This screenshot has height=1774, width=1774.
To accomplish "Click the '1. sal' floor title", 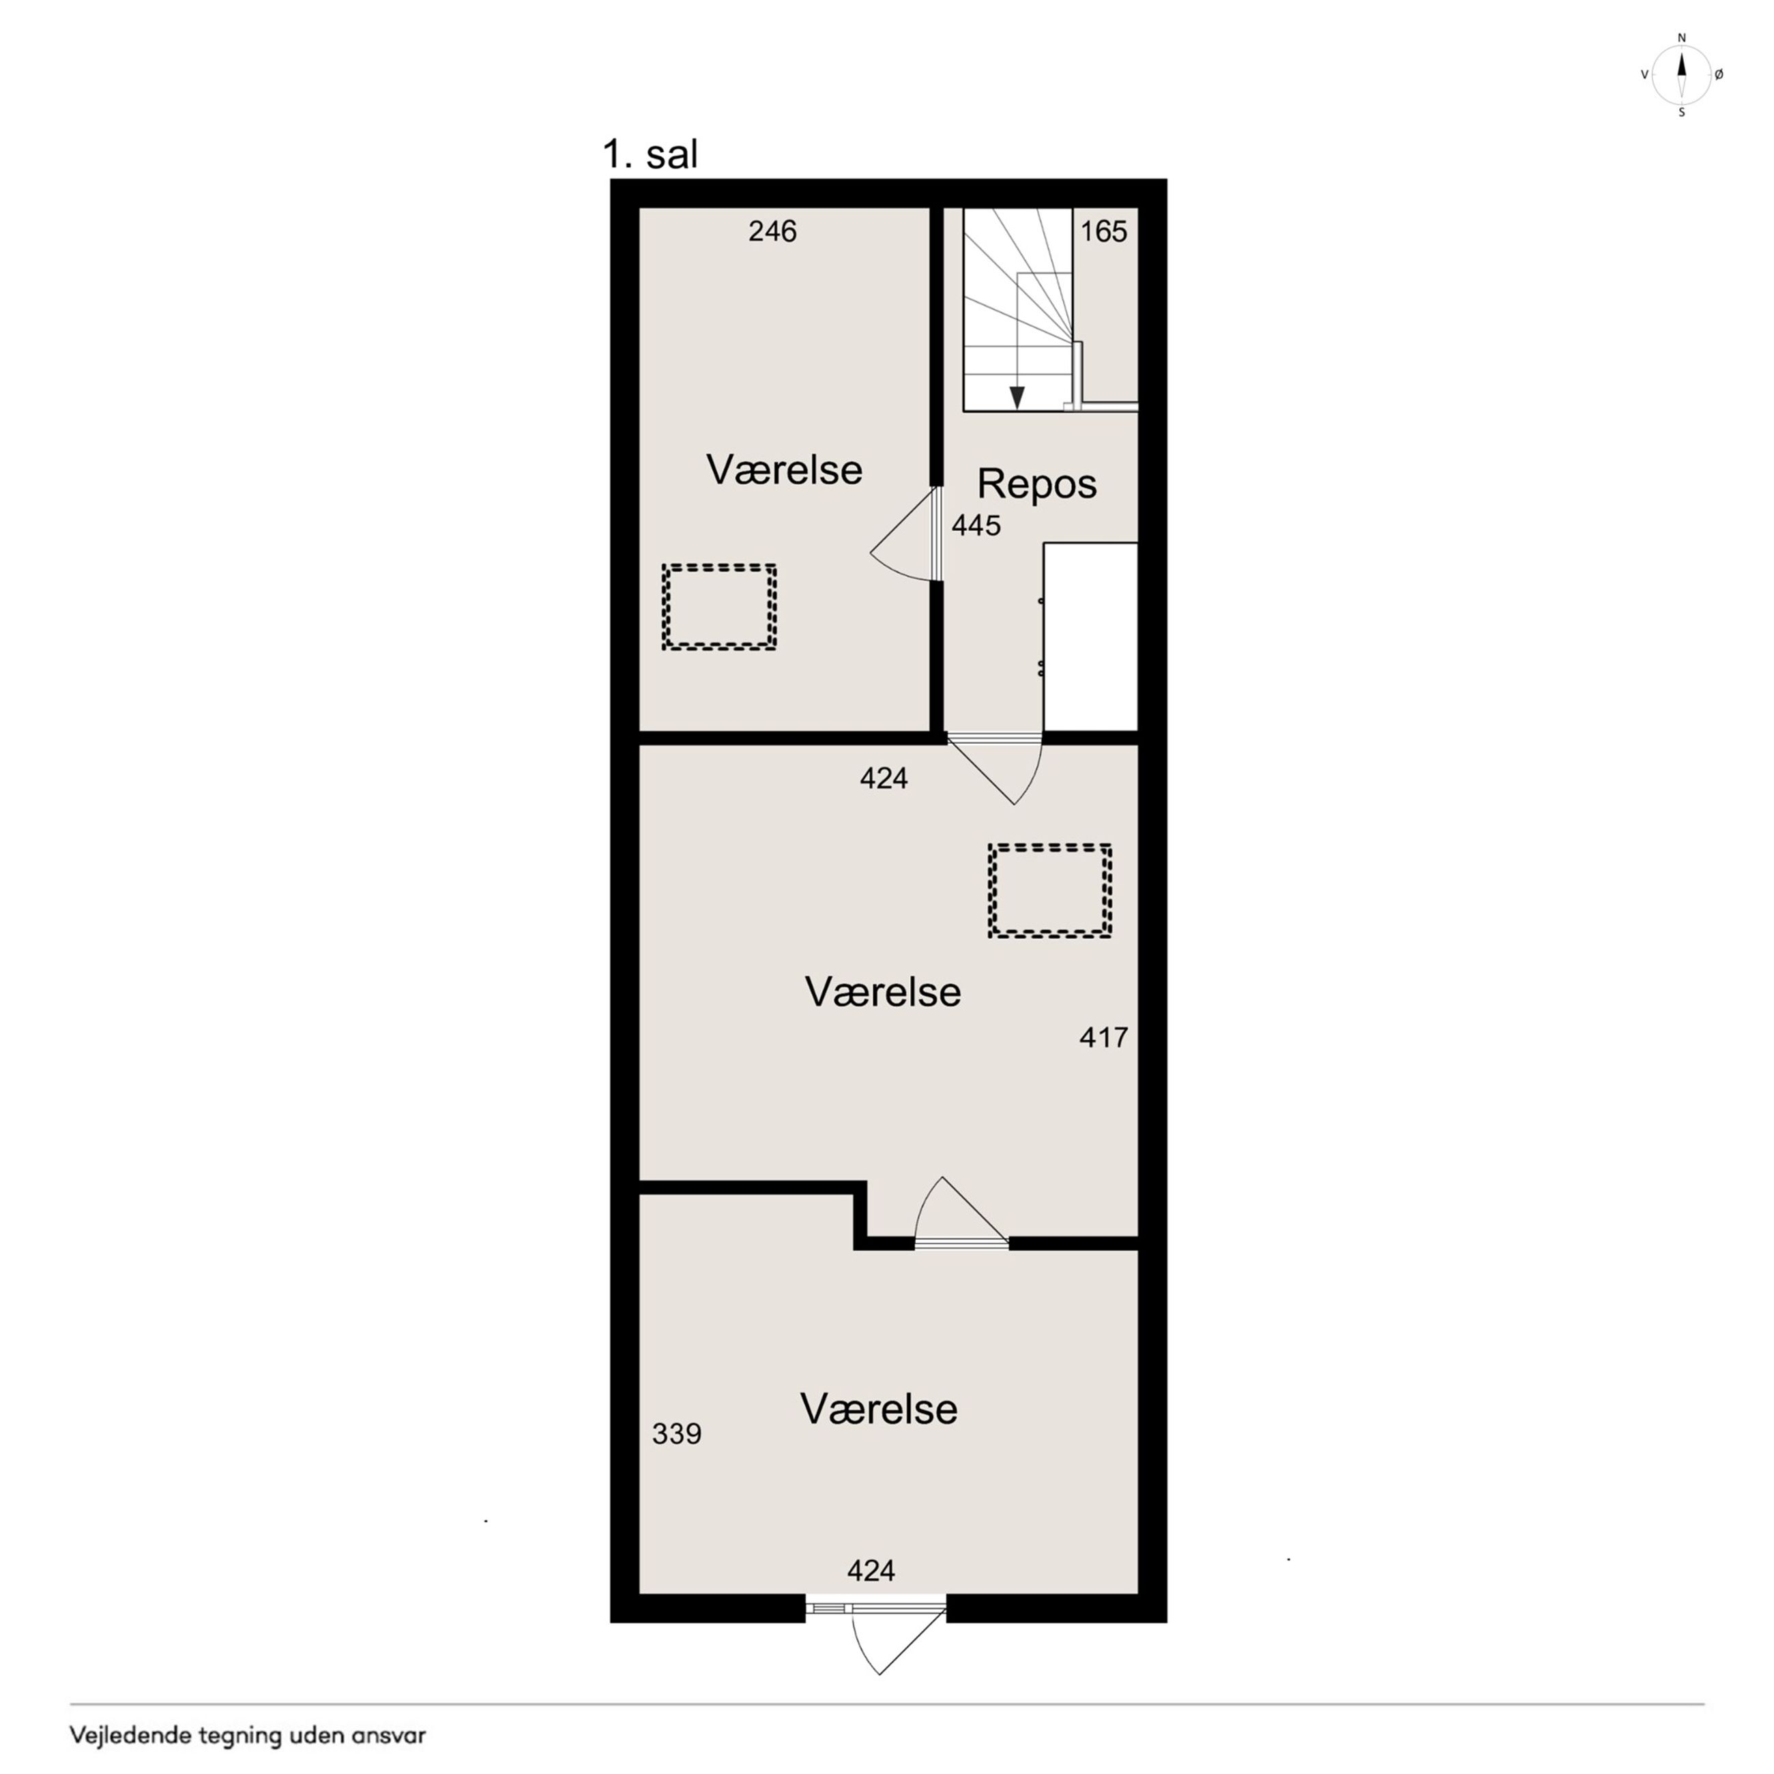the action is (x=650, y=154).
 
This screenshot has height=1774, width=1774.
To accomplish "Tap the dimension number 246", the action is (x=772, y=231).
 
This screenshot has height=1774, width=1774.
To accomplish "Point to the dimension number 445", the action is (x=976, y=525).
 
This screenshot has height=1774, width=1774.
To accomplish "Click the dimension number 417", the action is (x=1104, y=1038).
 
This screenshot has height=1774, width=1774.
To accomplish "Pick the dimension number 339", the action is (x=677, y=1434).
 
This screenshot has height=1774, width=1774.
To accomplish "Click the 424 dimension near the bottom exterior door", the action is (x=871, y=1571).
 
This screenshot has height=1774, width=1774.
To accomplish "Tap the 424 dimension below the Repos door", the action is (x=884, y=779).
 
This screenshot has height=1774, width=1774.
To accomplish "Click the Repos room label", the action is (x=1036, y=484).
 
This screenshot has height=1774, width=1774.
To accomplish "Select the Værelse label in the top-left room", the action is (x=784, y=470).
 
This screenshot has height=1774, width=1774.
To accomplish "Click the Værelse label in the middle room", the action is (x=882, y=991).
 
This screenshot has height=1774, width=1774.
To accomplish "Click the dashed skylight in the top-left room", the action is (x=719, y=608).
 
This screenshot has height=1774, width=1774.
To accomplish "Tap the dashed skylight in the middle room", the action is (x=1049, y=890).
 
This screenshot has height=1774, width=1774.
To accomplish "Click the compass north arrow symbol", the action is (x=1682, y=74).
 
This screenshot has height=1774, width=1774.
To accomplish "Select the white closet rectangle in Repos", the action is (x=1091, y=637).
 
